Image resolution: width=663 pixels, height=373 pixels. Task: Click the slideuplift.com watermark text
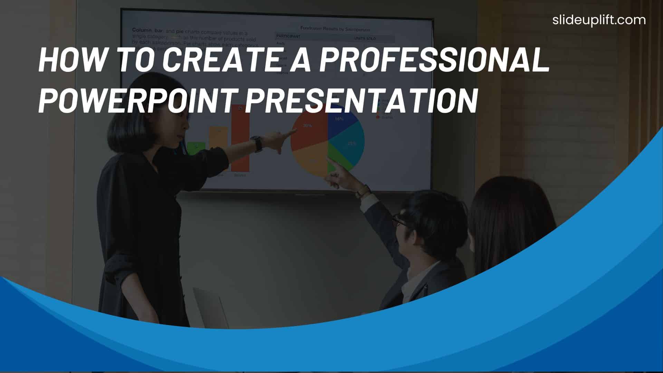[599, 20]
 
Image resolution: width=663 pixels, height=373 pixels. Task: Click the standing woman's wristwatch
[257, 143]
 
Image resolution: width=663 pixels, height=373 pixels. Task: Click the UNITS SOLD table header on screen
[365, 39]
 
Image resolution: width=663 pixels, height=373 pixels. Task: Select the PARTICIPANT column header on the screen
[288, 36]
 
